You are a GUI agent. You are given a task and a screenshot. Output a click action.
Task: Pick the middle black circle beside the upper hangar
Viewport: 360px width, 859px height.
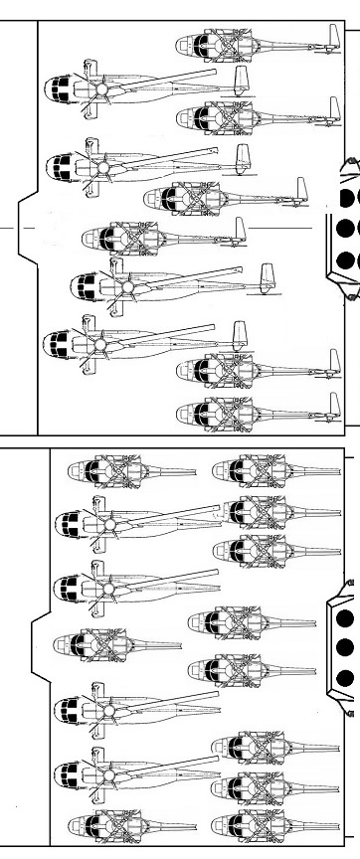[347, 229]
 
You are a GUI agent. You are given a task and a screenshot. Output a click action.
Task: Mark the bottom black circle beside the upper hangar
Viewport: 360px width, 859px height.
[347, 261]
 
